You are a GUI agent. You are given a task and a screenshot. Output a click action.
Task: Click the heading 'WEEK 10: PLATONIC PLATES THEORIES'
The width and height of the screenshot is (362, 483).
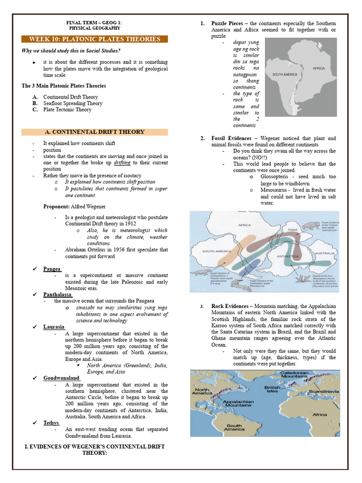[x=94, y=39]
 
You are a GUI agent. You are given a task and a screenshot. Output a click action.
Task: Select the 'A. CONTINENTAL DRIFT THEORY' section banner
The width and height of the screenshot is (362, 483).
[x=94, y=132]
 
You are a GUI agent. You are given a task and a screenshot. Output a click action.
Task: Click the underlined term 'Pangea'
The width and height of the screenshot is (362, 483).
[x=52, y=269]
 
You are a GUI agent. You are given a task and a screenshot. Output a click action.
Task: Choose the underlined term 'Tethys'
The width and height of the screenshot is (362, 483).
[x=51, y=423]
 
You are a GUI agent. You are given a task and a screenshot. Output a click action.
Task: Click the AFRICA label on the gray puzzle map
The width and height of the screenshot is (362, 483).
[x=319, y=69]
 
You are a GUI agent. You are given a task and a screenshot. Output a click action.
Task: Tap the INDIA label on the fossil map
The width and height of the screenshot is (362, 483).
[x=293, y=230]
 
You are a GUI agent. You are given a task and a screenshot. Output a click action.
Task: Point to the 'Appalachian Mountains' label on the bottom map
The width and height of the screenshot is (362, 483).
[x=239, y=403]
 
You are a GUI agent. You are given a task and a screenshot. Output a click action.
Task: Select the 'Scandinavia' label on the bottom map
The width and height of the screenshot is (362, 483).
[x=324, y=391]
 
